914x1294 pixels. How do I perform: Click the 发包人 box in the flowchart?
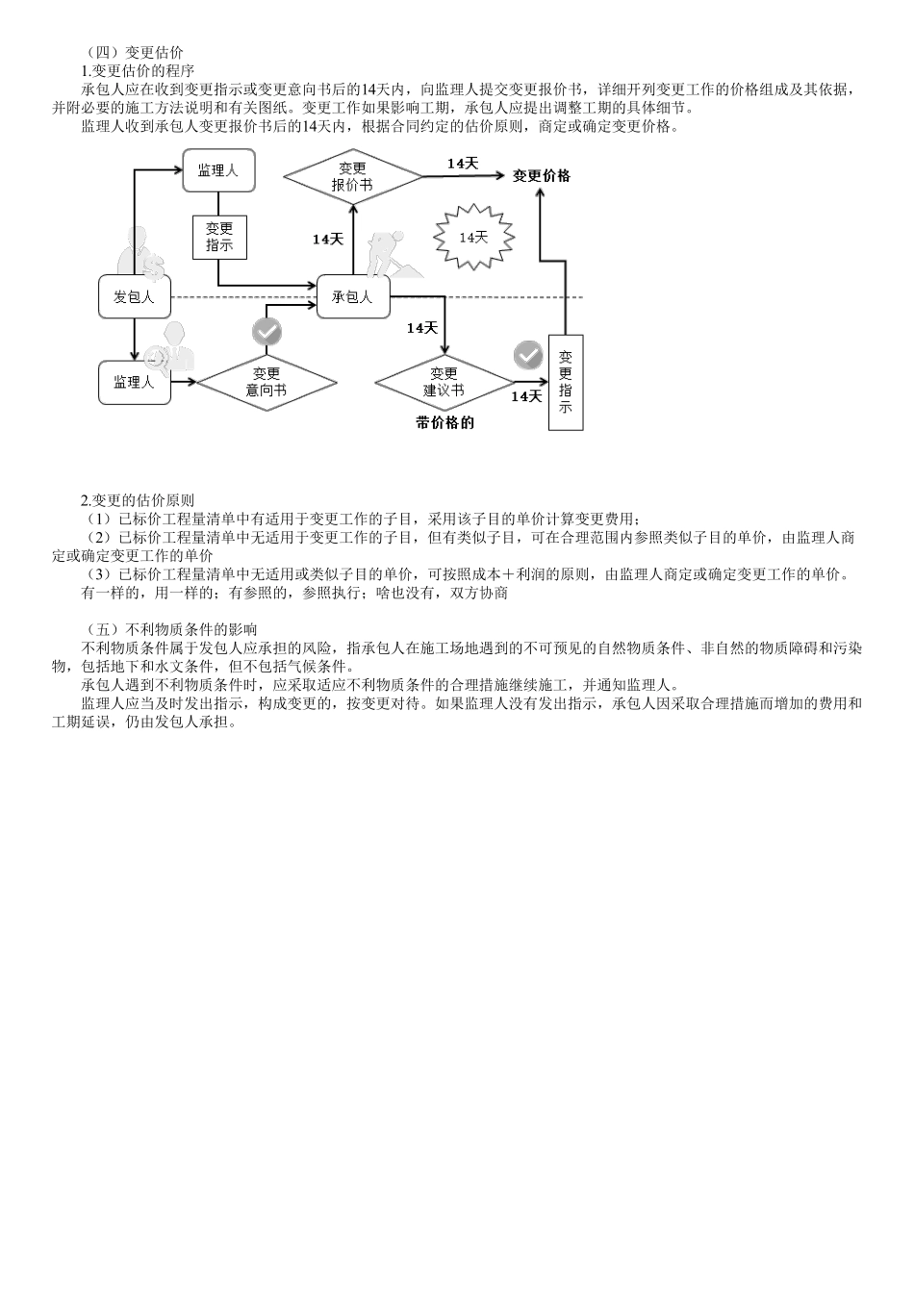[134, 297]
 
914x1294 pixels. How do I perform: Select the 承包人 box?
[352, 297]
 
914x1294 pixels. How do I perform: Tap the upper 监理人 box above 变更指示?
[218, 170]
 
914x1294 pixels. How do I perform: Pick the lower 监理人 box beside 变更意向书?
[134, 382]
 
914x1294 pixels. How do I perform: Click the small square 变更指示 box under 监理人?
[219, 237]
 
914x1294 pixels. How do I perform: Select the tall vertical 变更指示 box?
[566, 382]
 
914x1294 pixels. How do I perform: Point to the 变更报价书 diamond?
[352, 177]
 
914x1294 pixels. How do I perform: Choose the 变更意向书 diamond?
[267, 382]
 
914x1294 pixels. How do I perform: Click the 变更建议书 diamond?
[444, 382]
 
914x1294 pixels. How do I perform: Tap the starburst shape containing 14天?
[473, 237]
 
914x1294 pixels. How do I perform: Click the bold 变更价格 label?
[542, 176]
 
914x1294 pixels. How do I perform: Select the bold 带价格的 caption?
[444, 422]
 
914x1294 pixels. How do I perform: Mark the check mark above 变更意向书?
[267, 332]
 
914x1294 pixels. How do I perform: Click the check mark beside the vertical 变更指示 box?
[527, 354]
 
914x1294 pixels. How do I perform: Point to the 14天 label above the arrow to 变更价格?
[463, 164]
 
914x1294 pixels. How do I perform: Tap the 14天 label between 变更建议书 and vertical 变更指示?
[526, 395]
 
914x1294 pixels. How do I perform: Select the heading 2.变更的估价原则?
[138, 500]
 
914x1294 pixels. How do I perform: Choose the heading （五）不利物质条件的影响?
[164, 629]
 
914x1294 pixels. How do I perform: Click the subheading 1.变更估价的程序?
[138, 70]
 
